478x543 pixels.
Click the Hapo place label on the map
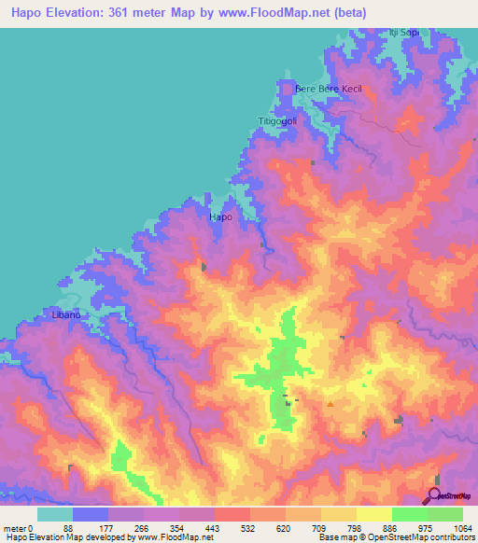[x=220, y=216]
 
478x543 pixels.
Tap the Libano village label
[x=67, y=315]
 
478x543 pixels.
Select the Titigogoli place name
[x=276, y=121]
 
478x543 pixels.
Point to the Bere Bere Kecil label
[x=327, y=89]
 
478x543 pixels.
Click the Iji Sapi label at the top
[x=404, y=33]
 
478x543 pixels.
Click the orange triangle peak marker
[x=330, y=404]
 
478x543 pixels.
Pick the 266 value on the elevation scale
[x=140, y=527]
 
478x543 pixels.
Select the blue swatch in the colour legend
[x=90, y=514]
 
